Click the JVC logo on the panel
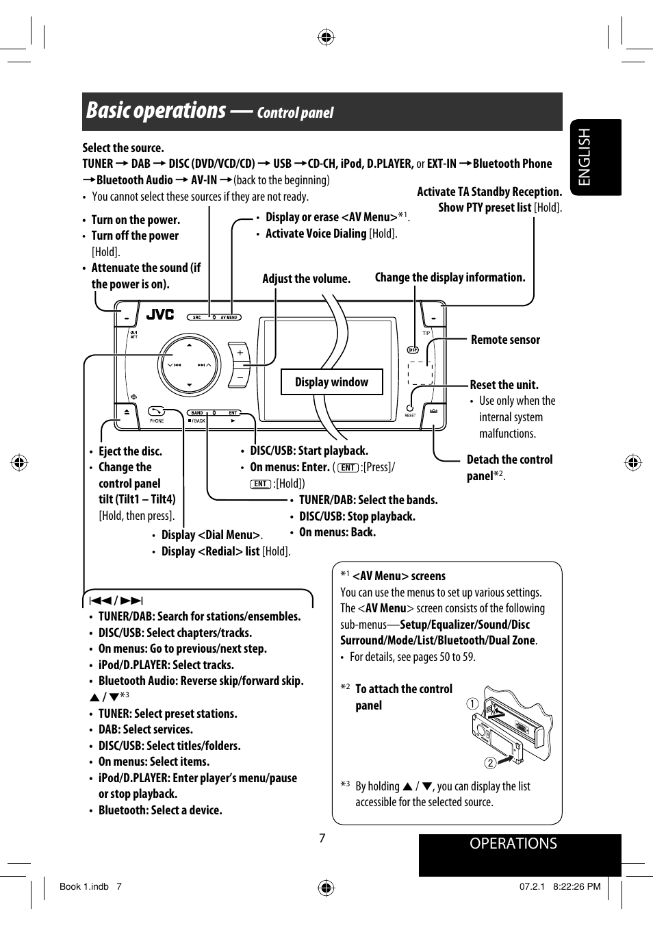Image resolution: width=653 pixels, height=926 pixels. click(160, 314)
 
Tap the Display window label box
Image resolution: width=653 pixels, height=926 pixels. click(331, 382)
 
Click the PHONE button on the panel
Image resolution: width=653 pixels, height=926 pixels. click(157, 411)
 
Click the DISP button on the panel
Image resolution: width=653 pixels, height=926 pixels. click(413, 350)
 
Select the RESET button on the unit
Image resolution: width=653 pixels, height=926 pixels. click(410, 408)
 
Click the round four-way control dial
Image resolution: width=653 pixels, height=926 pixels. click(189, 365)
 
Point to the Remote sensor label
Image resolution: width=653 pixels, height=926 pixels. click(505, 340)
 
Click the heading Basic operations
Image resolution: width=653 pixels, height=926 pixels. click(156, 111)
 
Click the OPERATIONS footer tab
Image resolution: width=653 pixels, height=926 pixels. click(513, 844)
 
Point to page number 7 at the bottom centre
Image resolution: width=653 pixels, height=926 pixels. click(322, 838)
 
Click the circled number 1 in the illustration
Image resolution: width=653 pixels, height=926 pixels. click(472, 703)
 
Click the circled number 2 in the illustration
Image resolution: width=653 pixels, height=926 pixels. click(490, 763)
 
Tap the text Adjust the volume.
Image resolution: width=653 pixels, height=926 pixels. click(306, 279)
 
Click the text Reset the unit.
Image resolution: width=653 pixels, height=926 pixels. click(504, 385)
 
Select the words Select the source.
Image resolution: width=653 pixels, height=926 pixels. click(123, 148)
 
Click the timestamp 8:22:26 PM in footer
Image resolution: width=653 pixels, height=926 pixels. click(576, 886)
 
